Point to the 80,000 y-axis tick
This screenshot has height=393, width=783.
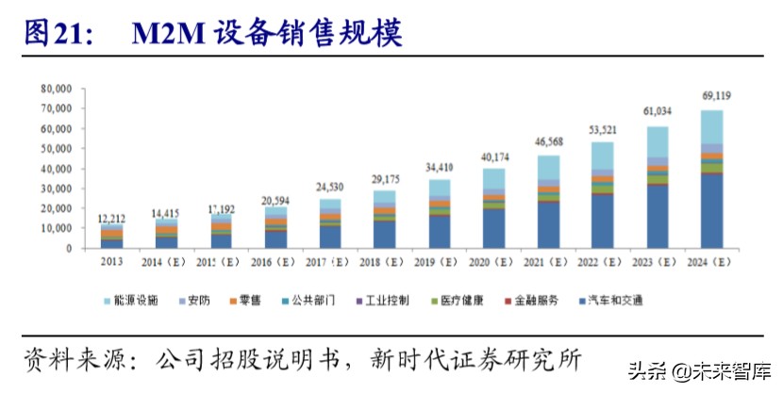[x=56, y=88]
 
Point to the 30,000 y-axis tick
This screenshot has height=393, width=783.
[x=56, y=188]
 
